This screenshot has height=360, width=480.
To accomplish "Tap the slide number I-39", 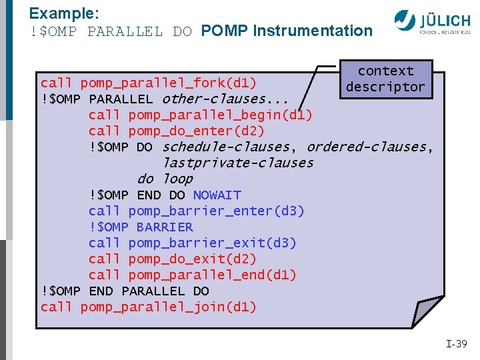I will [457, 344].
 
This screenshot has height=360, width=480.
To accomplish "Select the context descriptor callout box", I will [385, 79].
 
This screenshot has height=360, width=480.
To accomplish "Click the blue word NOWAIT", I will [217, 195].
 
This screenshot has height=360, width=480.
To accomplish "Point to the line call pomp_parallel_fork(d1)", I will [148, 83].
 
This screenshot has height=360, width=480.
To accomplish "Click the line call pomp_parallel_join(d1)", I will [148, 307].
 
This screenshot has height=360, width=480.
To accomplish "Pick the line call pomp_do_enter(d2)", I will [176, 131].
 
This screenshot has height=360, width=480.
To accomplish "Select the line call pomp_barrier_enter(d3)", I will [196, 211].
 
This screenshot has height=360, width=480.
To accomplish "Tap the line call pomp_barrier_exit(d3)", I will [192, 243].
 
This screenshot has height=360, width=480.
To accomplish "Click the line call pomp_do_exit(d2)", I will [172, 259].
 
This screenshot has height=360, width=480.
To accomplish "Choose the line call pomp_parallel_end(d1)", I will [192, 275].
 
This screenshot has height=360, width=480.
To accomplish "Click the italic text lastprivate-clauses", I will [238, 163].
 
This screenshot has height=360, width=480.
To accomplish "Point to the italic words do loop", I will [165, 179].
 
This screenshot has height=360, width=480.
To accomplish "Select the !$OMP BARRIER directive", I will [141, 227].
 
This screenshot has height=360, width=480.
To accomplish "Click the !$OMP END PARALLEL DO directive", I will [125, 291].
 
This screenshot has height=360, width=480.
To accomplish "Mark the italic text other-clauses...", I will [225, 99].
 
